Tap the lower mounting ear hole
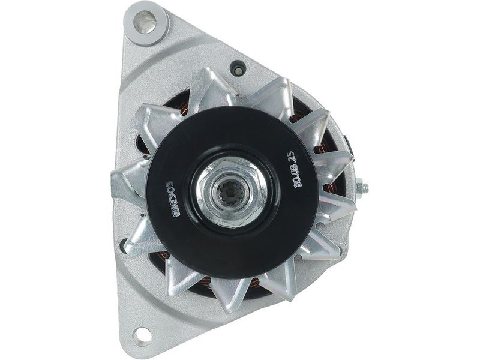142,334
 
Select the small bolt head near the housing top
239,68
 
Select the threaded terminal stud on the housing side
361,189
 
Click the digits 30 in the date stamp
298,182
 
